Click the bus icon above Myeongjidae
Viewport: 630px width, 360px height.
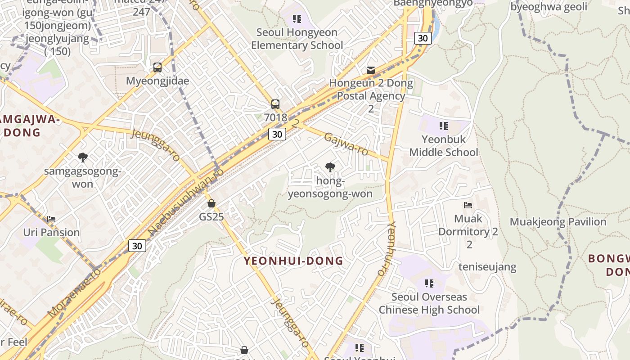pyautogui.click(x=157, y=67)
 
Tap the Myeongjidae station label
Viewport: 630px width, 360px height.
pyautogui.click(x=157, y=81)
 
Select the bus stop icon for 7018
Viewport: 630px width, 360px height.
pyautogui.click(x=275, y=104)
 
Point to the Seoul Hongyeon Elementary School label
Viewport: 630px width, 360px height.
pyautogui.click(x=297, y=39)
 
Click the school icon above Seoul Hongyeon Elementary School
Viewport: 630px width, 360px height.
pyautogui.click(x=297, y=19)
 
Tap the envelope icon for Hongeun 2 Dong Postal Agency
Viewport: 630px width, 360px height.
pyautogui.click(x=371, y=70)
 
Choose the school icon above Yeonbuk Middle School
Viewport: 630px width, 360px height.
pyautogui.click(x=444, y=126)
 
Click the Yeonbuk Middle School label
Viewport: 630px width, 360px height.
pyautogui.click(x=444, y=146)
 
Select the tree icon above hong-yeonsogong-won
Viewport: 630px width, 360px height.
pyautogui.click(x=330, y=168)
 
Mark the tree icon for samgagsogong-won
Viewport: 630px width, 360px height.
pyautogui.click(x=82, y=157)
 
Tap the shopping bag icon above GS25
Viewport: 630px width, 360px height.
pyautogui.click(x=211, y=203)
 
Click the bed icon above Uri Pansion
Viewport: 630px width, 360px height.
pyautogui.click(x=51, y=220)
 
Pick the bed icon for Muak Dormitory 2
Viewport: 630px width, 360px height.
pyautogui.click(x=468, y=205)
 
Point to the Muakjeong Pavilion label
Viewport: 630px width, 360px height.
pyautogui.click(x=558, y=222)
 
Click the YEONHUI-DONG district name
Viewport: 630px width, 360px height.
pyautogui.click(x=293, y=261)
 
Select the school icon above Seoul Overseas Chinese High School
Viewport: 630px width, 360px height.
pyautogui.click(x=429, y=283)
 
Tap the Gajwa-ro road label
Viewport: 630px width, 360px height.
pyautogui.click(x=346, y=144)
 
